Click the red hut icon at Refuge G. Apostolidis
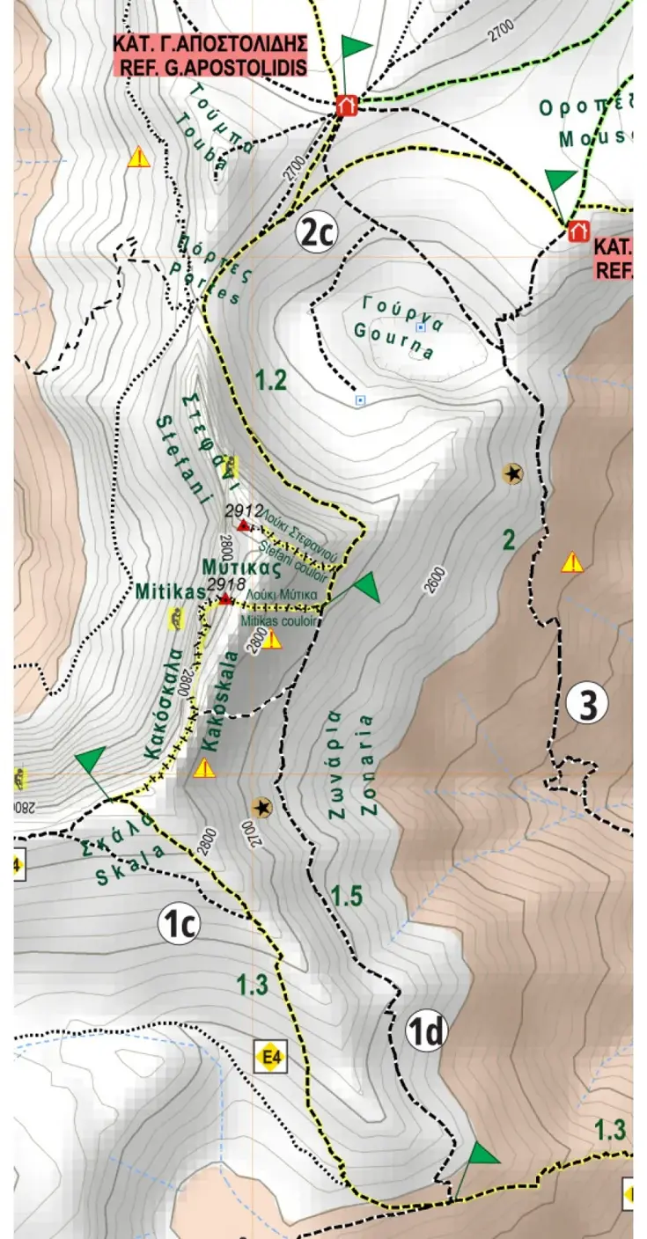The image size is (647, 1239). (347, 106)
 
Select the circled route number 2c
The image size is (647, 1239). (317, 232)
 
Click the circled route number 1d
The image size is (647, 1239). (427, 1032)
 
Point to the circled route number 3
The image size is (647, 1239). (587, 704)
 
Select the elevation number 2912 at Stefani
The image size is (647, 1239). (244, 510)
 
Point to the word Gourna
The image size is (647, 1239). (394, 343)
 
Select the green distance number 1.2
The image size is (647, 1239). (270, 380)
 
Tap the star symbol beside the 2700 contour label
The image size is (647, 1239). (261, 807)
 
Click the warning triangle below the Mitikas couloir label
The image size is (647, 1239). (272, 639)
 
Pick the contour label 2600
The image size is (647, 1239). (438, 581)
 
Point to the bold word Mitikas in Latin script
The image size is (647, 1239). (170, 592)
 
